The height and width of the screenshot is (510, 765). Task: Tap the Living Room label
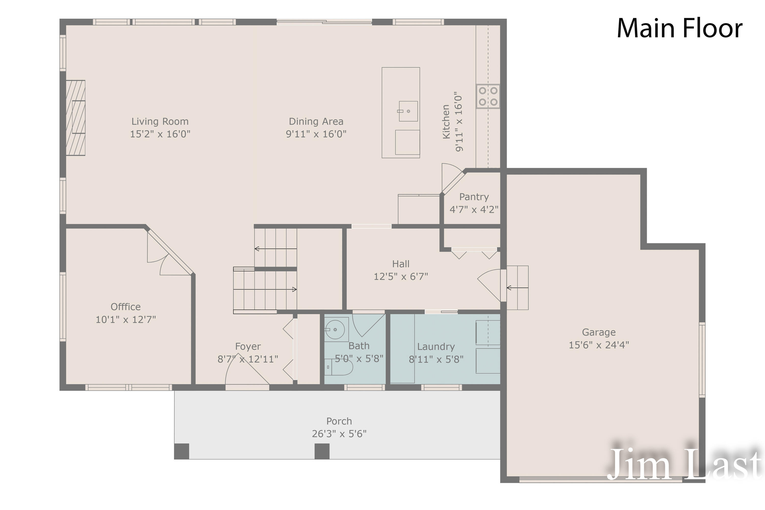(160, 121)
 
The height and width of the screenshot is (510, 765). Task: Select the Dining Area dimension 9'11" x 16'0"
(316, 134)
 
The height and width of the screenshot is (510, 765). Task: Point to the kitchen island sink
(408, 111)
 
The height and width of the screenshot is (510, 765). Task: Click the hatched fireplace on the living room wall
(75, 118)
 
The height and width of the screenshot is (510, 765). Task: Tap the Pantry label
(474, 197)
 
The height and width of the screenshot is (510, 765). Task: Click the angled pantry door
(453, 182)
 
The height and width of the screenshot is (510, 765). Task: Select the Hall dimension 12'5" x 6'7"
(401, 277)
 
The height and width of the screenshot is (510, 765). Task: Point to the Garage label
(598, 332)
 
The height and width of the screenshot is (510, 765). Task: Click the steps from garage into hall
(518, 288)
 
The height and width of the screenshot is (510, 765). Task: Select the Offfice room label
(125, 307)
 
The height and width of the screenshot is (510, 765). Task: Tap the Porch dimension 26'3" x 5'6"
(339, 434)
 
